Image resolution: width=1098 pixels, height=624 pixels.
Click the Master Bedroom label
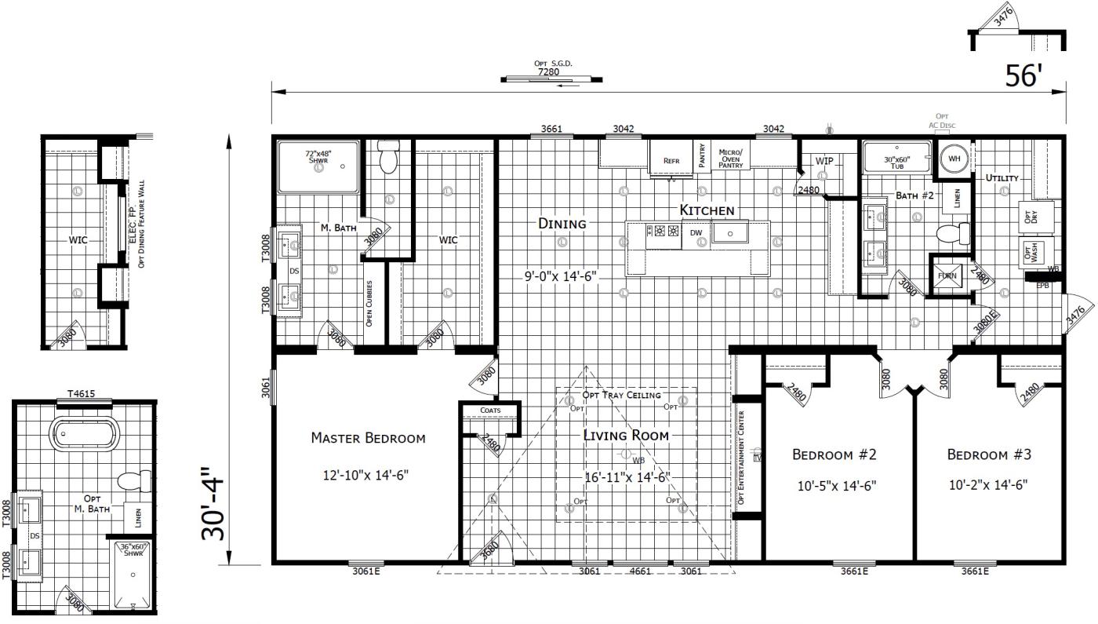pyautogui.click(x=368, y=438)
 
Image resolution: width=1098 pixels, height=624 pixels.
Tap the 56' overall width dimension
pyautogui.click(x=1024, y=76)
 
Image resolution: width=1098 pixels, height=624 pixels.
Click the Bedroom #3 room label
pyautogui.click(x=988, y=454)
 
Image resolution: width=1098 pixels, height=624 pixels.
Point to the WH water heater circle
pyautogui.click(x=954, y=159)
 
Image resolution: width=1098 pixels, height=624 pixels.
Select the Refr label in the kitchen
pyautogui.click(x=671, y=161)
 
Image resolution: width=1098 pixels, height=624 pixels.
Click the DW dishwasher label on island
pyautogui.click(x=696, y=233)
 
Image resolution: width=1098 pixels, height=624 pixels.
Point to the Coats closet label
pyautogui.click(x=490, y=411)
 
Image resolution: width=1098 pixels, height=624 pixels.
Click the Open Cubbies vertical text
pyautogui.click(x=369, y=302)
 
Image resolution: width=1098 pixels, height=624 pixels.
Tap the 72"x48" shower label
pyautogui.click(x=318, y=157)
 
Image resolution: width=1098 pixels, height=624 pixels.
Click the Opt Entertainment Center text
pyautogui.click(x=740, y=459)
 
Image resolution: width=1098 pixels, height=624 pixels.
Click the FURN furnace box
pyautogui.click(x=947, y=276)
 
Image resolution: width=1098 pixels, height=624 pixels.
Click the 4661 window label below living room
pyautogui.click(x=640, y=571)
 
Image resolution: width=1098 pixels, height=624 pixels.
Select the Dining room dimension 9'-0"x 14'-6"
pyautogui.click(x=561, y=276)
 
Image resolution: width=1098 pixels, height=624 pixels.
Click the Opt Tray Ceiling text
pyautogui.click(x=621, y=395)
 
